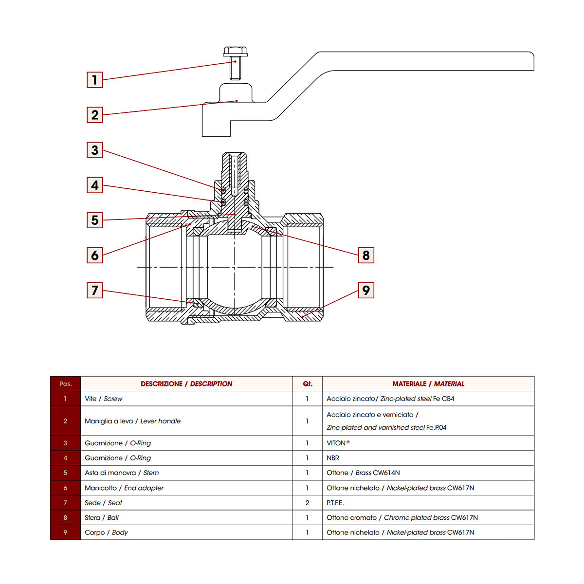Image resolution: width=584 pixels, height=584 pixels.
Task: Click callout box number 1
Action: (x=95, y=80)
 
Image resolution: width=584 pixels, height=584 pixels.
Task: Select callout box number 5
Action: (x=95, y=220)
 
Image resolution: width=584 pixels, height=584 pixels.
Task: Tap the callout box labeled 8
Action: (x=366, y=255)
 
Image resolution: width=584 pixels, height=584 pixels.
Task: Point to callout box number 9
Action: (x=366, y=291)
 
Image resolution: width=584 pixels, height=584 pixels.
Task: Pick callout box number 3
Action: (x=95, y=150)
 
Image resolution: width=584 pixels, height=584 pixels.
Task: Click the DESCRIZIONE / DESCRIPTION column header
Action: (x=186, y=384)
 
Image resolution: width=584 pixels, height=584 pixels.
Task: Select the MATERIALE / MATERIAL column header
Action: (x=428, y=384)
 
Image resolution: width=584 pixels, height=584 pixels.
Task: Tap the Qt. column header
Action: (x=307, y=384)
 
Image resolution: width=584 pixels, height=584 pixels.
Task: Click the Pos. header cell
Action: (x=65, y=384)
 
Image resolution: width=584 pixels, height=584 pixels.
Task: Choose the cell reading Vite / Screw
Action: (x=104, y=399)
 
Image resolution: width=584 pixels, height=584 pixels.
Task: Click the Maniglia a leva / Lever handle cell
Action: (x=132, y=421)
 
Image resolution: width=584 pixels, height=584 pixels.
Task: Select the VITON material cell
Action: (x=338, y=443)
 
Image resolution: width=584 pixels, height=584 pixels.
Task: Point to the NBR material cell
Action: (x=333, y=458)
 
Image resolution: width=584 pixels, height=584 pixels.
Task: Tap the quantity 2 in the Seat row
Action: (x=307, y=503)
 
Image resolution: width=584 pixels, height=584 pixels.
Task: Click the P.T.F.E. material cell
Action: (x=335, y=503)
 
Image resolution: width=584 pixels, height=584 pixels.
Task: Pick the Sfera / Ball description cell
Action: (x=102, y=517)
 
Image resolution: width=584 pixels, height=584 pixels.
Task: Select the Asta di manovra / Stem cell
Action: (x=122, y=473)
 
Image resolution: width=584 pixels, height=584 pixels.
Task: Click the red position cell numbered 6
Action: (x=65, y=488)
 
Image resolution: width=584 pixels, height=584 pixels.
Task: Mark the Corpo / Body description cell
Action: (x=106, y=532)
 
